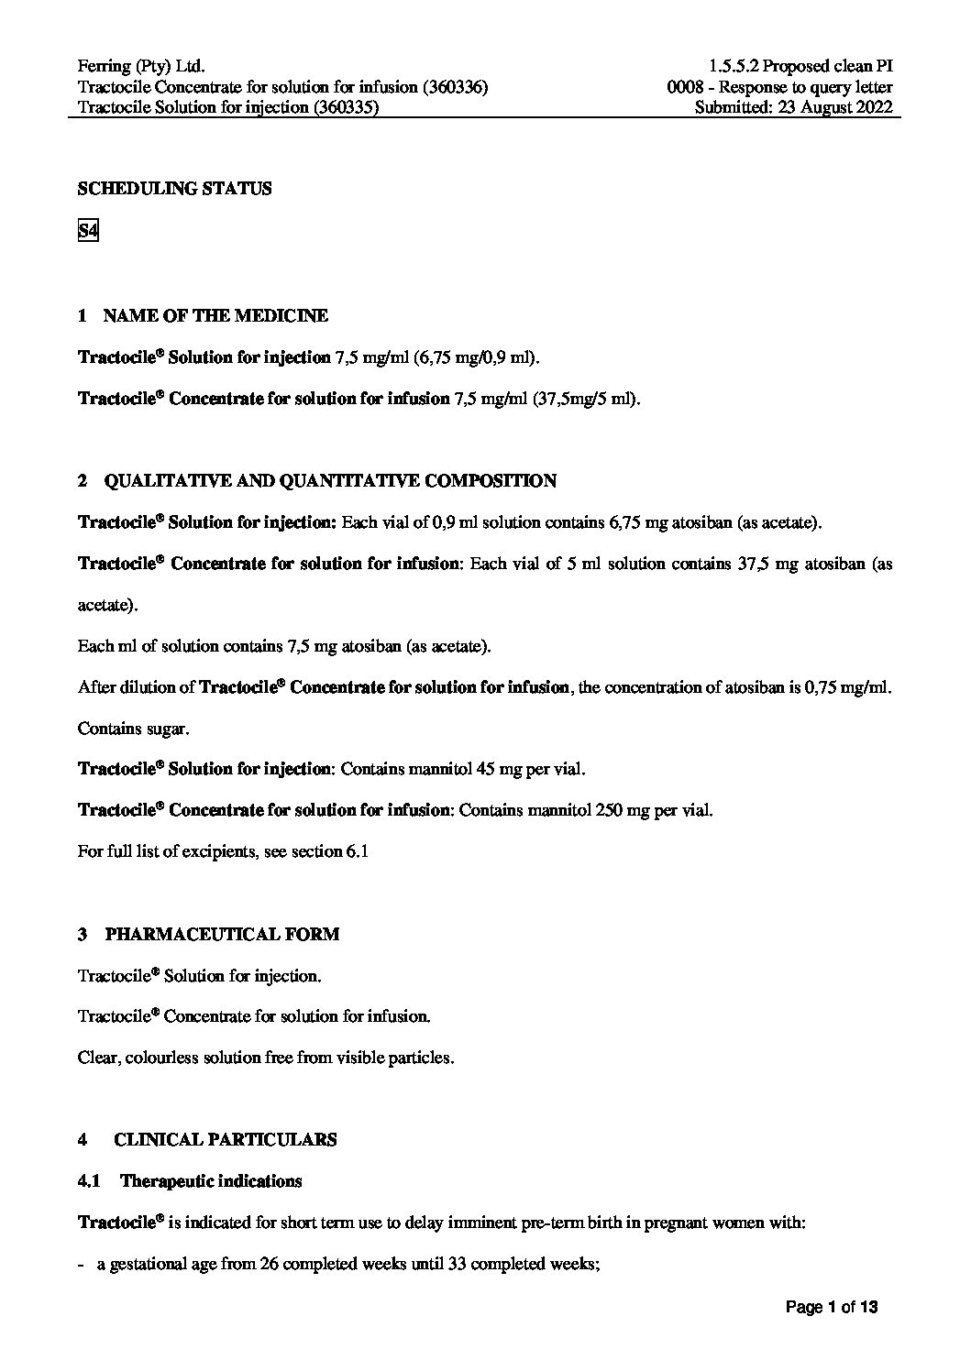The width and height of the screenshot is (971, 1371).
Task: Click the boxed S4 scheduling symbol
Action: [88, 231]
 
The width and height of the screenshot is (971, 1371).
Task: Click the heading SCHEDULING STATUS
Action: [175, 189]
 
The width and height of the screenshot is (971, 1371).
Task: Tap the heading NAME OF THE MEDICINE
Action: [215, 316]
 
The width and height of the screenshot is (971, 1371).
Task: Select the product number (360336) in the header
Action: [456, 87]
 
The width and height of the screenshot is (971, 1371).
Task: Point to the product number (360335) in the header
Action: [347, 107]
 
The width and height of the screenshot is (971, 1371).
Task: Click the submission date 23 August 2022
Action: [834, 107]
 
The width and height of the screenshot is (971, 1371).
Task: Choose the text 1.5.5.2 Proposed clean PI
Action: [800, 66]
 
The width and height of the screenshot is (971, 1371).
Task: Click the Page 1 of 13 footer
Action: [832, 1308]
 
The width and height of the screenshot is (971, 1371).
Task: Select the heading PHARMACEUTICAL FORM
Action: [222, 934]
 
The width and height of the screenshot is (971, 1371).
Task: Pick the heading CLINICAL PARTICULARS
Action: [225, 1139]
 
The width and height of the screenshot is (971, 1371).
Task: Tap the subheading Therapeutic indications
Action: [211, 1180]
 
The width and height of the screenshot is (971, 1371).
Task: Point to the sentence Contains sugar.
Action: [134, 729]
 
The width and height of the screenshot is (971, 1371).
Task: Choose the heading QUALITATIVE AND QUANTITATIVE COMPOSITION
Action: [330, 481]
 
